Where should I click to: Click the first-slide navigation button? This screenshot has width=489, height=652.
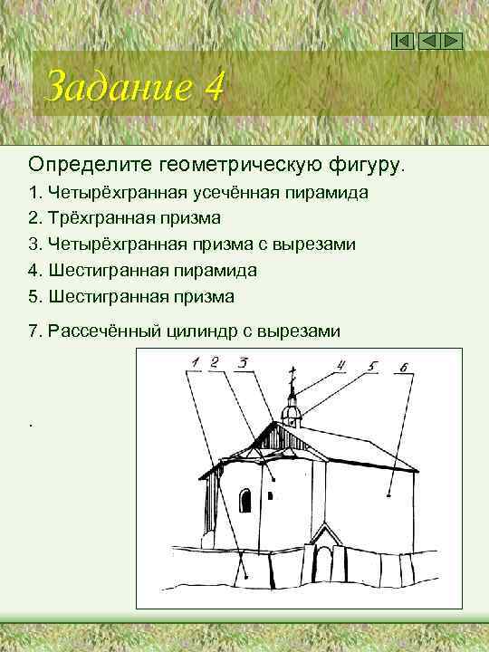405,41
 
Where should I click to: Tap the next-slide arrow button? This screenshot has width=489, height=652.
452,41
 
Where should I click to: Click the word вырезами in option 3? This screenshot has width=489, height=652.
321,244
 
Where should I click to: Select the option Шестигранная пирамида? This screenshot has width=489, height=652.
154,270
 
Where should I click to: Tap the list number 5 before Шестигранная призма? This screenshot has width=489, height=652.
34,296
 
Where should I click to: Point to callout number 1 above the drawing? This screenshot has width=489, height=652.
193,364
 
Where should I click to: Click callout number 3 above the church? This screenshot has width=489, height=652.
244,363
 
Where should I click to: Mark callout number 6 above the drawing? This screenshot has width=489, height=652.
403,368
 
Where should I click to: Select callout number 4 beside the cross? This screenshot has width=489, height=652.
341,366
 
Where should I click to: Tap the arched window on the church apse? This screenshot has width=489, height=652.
245,500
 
